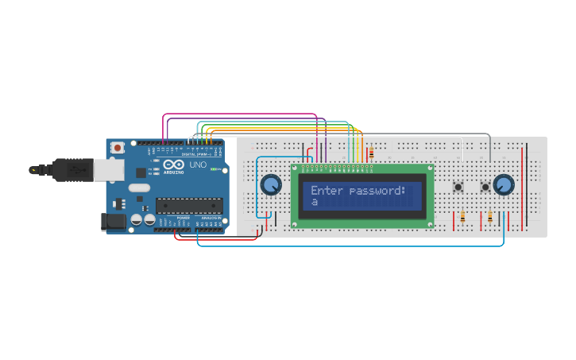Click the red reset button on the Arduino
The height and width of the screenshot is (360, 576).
(x=118, y=148)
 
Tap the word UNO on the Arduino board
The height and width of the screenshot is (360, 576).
(x=197, y=165)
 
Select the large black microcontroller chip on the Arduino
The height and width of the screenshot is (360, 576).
(x=188, y=206)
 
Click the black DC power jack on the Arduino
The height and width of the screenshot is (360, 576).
(x=114, y=222)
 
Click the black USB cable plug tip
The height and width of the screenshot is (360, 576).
(x=34, y=169)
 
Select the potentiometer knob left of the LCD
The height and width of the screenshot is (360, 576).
(x=271, y=185)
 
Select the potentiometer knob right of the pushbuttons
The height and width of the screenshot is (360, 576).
(x=503, y=185)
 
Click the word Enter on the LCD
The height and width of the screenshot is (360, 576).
(x=327, y=191)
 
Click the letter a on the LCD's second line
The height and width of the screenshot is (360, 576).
(x=315, y=203)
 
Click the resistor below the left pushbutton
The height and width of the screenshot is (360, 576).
(x=462, y=216)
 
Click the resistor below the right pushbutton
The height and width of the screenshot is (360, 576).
(x=490, y=216)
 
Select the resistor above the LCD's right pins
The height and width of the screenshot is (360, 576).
(x=371, y=152)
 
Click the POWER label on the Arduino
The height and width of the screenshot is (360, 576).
(x=183, y=217)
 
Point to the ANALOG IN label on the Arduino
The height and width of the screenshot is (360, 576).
(x=211, y=217)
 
